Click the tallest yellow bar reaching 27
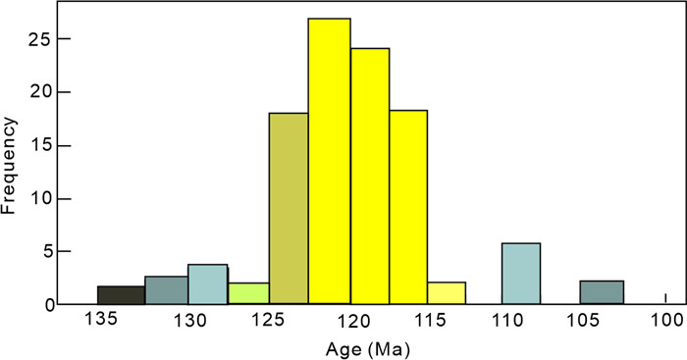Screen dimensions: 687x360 pyautogui.click(x=329, y=161)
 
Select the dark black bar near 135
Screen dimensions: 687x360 pyautogui.click(x=121, y=294)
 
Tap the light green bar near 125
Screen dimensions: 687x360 pyautogui.click(x=248, y=293)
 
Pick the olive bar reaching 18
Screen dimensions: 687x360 pyautogui.click(x=289, y=208)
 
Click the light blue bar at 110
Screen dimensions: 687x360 pyautogui.click(x=521, y=274)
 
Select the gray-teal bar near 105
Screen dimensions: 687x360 pyautogui.click(x=602, y=292)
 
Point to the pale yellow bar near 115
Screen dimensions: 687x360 pyautogui.click(x=447, y=292)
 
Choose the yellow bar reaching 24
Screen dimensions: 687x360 pyautogui.click(x=370, y=176)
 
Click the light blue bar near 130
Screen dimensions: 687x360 pyautogui.click(x=208, y=283)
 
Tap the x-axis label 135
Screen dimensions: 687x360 pyautogui.click(x=101, y=319)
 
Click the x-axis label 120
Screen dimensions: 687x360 pyautogui.click(x=354, y=322)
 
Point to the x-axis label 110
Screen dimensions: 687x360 pyautogui.click(x=507, y=320)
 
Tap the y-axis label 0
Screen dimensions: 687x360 pyautogui.click(x=50, y=305)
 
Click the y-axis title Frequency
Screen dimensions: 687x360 pyautogui.click(x=8, y=166)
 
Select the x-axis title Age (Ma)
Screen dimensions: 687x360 pyautogui.click(x=368, y=349)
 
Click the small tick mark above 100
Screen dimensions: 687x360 pyautogui.click(x=666, y=298)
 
